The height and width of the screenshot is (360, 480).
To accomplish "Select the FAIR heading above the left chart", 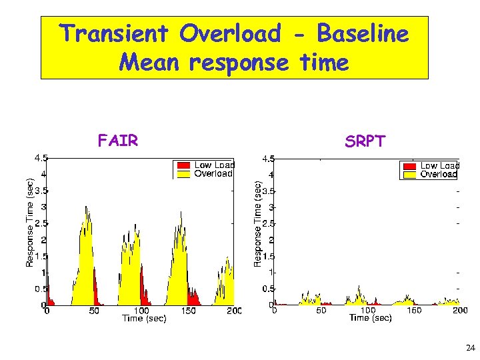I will tap(117, 141).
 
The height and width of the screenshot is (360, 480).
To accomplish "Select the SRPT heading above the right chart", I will tap(365, 141).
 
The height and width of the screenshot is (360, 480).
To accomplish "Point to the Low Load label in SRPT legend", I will tap(439, 166).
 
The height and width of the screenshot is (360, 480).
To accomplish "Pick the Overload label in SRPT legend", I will tap(439, 175).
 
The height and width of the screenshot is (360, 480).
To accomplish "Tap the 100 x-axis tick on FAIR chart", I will tap(141, 311).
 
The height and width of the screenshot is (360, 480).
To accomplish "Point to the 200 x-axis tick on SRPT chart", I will tap(460, 310).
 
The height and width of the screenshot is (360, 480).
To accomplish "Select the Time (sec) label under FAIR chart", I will tap(143, 319).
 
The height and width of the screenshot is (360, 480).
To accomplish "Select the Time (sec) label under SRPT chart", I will tap(370, 318).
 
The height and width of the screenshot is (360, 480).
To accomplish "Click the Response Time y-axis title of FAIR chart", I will tap(29, 223).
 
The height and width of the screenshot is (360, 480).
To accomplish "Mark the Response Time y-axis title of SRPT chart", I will tap(257, 225).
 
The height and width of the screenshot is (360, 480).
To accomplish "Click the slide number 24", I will tap(470, 348).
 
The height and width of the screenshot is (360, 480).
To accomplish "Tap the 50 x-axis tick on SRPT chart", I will tap(321, 310).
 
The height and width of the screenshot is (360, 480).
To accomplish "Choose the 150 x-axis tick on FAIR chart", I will tap(189, 311).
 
